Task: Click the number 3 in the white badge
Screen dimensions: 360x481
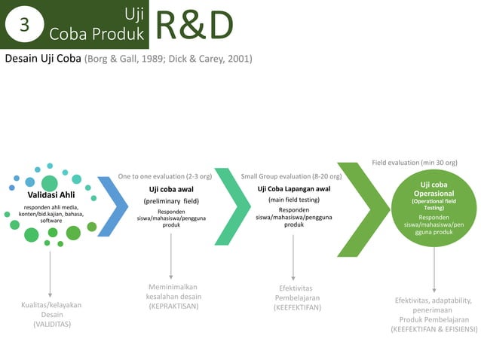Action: pos(24,25)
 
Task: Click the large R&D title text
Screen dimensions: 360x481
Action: pos(194,25)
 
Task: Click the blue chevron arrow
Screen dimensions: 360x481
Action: pos(114,205)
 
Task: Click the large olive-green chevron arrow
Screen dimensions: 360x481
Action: pos(367,209)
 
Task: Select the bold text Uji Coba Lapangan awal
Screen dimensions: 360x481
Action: pos(293,188)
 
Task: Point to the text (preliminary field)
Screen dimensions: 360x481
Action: pos(171,201)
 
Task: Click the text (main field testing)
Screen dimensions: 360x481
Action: pos(293,200)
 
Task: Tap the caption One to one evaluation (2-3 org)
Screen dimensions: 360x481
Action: pos(165,176)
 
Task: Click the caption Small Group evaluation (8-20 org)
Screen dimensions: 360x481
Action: pos(291,176)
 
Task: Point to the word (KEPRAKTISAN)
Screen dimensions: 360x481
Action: pos(173,307)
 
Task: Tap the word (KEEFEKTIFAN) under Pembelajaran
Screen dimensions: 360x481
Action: pos(296,307)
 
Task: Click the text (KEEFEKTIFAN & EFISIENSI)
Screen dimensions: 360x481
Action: pos(434,328)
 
